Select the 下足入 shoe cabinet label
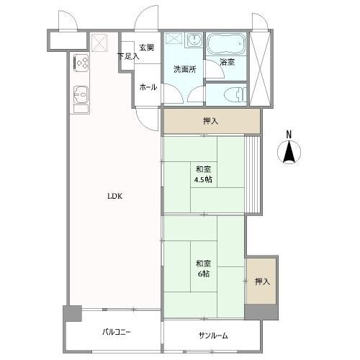pos(127,55)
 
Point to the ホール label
pos(148,86)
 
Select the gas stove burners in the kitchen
pos(80,63)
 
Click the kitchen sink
pos(80,95)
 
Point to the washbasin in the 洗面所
pos(193,42)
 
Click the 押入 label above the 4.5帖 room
pos(211,122)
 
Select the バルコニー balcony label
pos(116,333)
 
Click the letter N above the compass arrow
pos(289,134)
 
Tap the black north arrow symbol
pos(289,153)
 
